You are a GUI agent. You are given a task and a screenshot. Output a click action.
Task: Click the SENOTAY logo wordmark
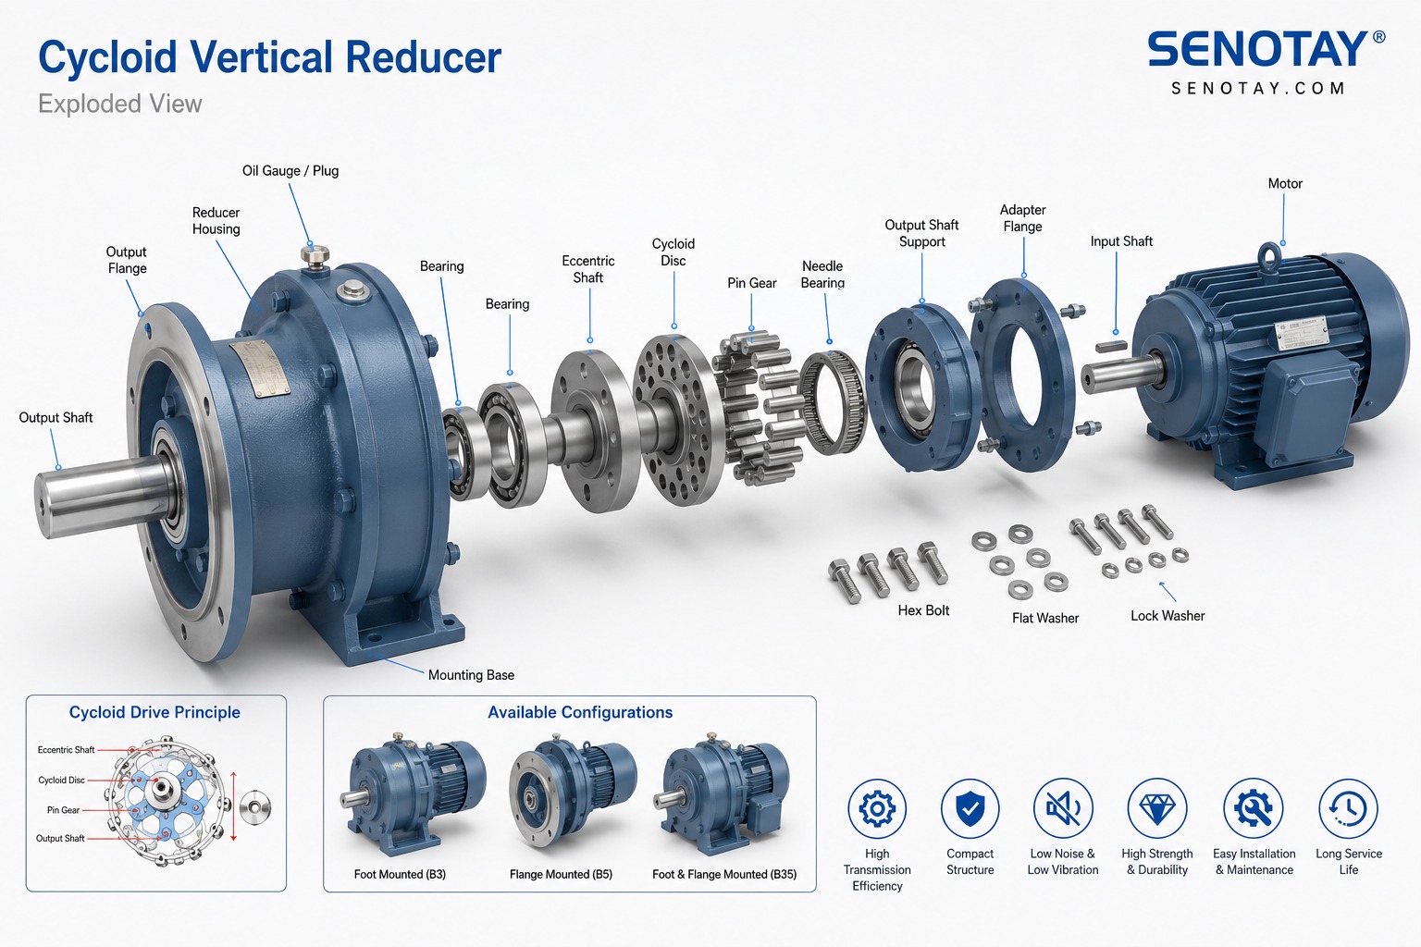(x=1257, y=50)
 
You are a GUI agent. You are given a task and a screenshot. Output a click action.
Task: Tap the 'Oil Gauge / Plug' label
(x=290, y=170)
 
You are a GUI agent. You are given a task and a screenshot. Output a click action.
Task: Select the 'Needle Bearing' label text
(x=822, y=275)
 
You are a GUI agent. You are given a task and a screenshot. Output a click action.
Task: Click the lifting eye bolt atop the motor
(x=1270, y=257)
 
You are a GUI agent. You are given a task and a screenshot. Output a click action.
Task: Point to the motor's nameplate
(x=1302, y=333)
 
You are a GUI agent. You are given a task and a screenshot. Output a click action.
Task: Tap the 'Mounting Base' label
(x=471, y=675)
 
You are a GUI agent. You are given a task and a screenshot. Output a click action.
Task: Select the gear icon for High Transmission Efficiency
(x=877, y=808)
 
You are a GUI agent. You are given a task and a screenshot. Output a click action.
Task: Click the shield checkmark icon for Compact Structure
(x=970, y=808)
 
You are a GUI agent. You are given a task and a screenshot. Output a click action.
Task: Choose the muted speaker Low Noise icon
(x=1063, y=808)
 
